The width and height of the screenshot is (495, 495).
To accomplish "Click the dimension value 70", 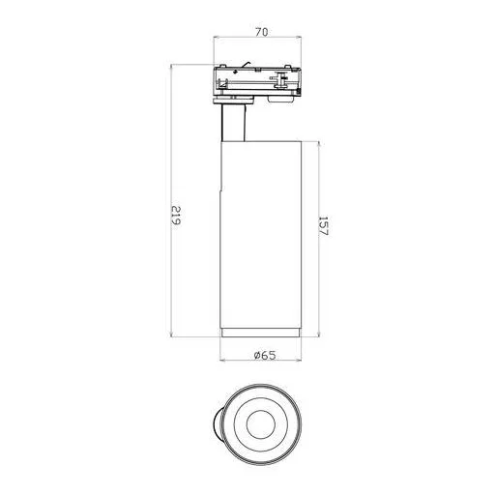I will (x=261, y=32).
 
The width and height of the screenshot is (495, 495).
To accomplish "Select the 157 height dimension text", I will (x=325, y=230).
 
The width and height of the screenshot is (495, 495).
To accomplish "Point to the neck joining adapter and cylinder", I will (x=233, y=122).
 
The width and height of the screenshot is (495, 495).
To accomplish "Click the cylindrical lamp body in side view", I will (x=263, y=232).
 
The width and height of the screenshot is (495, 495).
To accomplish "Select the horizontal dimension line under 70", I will (x=261, y=42).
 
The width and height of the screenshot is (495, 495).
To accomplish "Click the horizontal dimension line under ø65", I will (x=263, y=364).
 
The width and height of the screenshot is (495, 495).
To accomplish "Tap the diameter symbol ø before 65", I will (x=256, y=356).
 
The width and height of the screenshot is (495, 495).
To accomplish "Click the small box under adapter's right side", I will (x=280, y=98).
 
